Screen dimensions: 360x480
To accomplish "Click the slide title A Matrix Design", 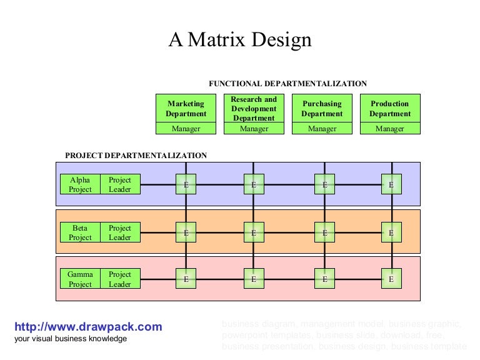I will click(240, 41).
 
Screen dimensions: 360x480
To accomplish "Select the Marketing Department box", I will click(186, 109).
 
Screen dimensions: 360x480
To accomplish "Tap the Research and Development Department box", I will click(254, 109).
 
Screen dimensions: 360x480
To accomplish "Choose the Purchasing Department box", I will click(322, 109).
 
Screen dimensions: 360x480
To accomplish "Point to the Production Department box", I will click(390, 109).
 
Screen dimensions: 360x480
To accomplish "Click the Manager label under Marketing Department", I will click(186, 129).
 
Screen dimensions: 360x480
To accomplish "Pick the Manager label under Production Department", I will click(390, 129).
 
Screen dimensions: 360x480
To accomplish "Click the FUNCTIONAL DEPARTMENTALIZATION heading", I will click(287, 84).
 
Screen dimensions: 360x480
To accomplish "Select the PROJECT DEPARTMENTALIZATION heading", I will click(136, 156).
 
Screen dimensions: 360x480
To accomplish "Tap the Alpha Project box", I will click(80, 184).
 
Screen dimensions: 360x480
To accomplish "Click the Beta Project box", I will click(80, 232).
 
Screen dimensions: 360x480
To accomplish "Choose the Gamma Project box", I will click(80, 279).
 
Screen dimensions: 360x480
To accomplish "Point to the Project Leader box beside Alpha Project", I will click(120, 184).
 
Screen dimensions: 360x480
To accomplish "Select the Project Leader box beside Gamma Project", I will click(120, 279).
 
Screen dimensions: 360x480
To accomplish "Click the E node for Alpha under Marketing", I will click(186, 184).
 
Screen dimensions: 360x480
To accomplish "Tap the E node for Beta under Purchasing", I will click(324, 232).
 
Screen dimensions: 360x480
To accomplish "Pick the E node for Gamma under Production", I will click(391, 279).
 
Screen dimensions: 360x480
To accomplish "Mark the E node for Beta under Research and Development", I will click(254, 232).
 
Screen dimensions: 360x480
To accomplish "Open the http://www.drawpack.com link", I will click(88, 327).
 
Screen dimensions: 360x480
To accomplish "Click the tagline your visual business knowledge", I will click(71, 339).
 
